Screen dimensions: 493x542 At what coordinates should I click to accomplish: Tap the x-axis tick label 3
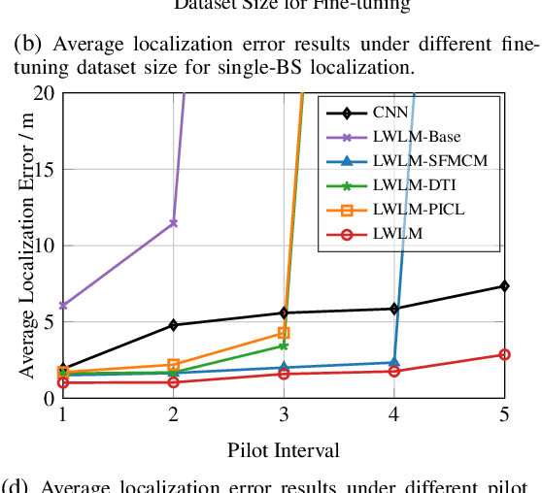point(284,414)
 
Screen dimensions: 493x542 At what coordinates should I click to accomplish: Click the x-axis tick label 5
point(504,414)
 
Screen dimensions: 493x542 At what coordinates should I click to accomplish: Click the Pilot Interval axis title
point(284,450)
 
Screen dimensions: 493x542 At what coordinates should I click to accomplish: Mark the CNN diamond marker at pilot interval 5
point(504,285)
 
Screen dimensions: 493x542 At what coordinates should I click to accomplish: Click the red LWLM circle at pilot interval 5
point(504,354)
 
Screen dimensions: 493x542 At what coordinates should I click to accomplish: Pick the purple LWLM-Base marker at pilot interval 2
point(173,223)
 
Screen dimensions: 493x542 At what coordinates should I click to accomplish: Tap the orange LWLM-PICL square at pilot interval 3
point(284,333)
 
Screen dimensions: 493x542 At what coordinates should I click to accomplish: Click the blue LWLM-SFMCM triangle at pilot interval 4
point(393,362)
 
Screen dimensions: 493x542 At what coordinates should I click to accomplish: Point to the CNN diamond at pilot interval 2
point(173,324)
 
